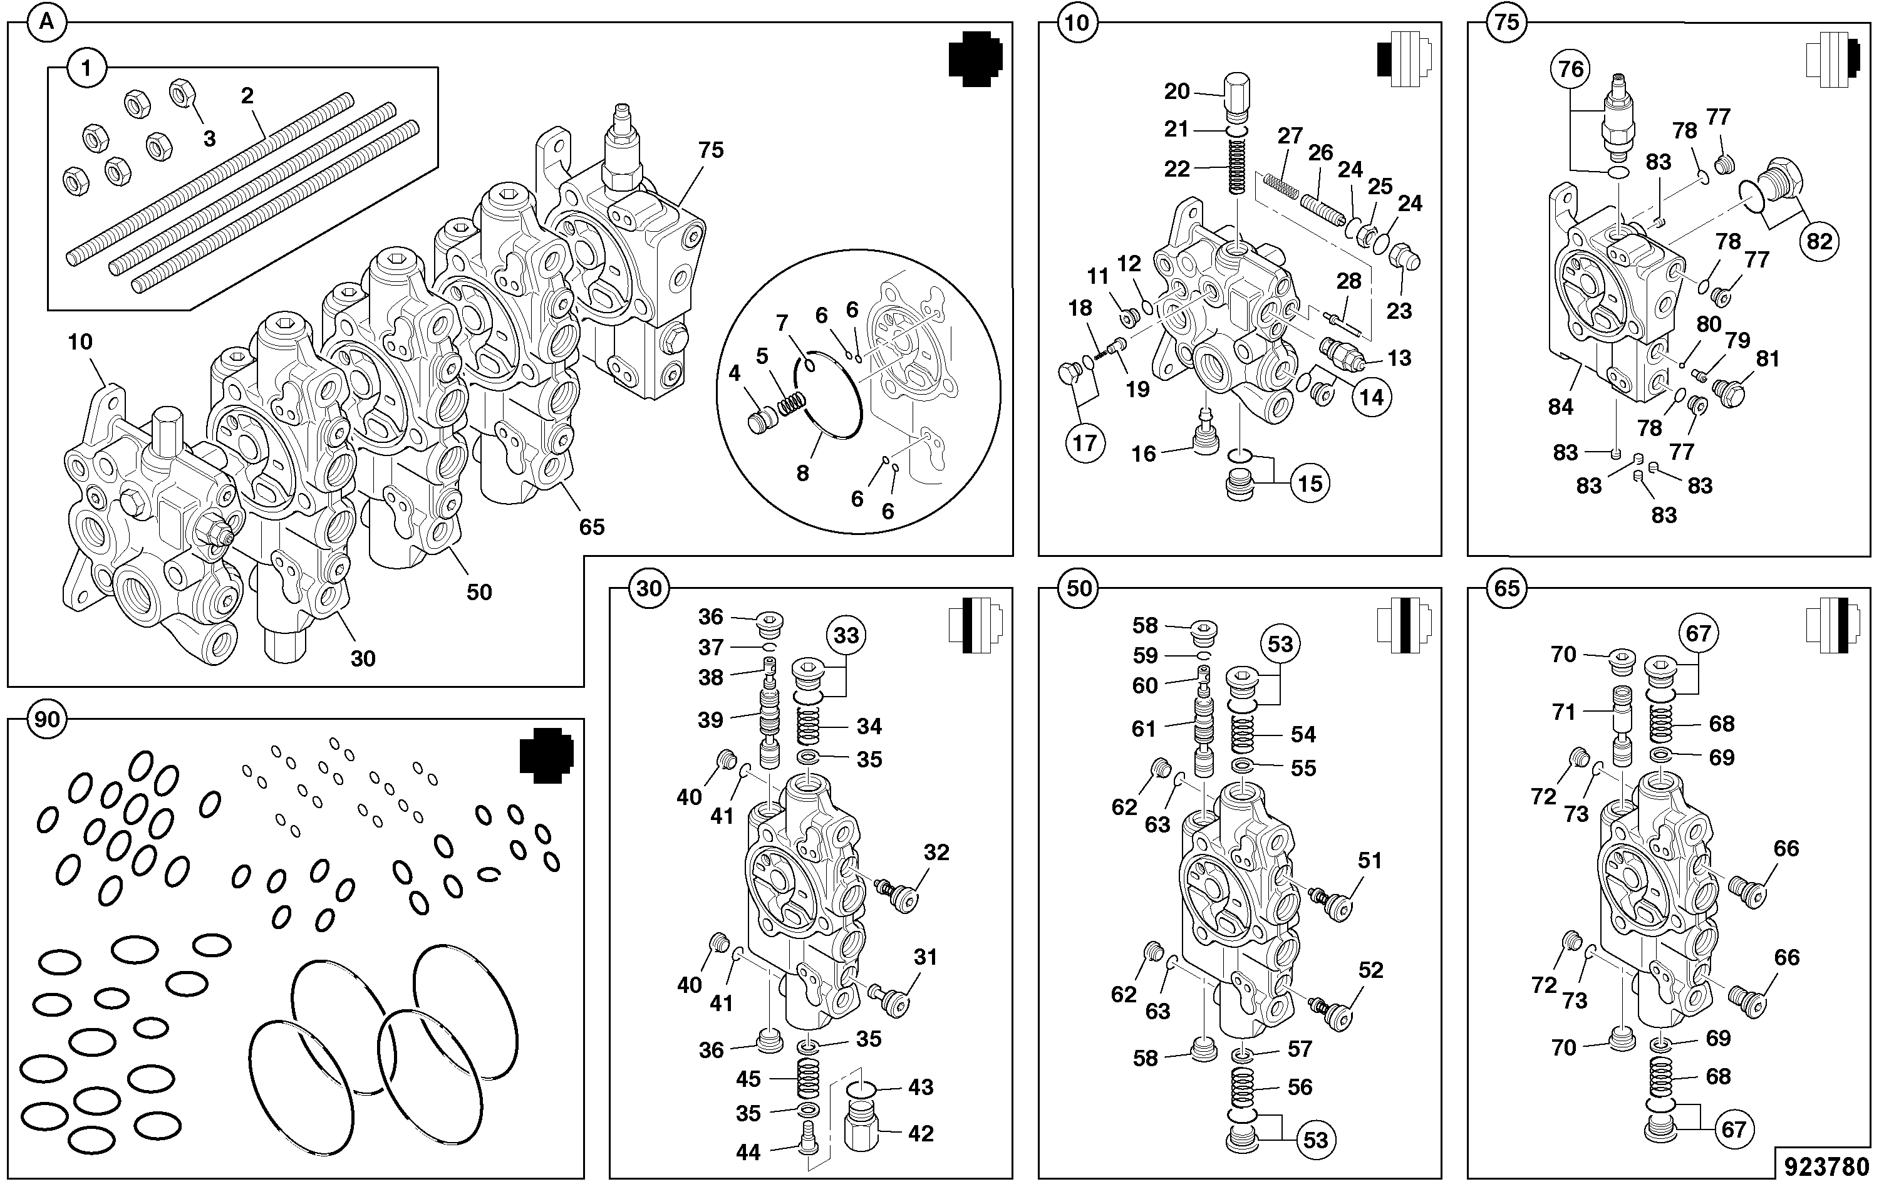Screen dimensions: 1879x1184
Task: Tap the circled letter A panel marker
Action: (x=47, y=23)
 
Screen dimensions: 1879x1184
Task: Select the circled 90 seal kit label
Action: (x=48, y=719)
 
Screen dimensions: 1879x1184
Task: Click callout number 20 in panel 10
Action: (x=1177, y=91)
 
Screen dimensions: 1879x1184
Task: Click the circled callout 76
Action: (x=1571, y=70)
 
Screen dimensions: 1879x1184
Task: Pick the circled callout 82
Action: (x=1819, y=241)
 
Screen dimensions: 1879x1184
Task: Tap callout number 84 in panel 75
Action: (x=1561, y=406)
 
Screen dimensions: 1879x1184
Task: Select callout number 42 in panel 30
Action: (x=921, y=1133)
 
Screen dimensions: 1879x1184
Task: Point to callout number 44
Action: (x=748, y=1152)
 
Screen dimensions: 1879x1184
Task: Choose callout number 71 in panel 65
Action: (x=1563, y=711)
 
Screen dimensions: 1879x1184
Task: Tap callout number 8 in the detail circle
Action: (x=802, y=473)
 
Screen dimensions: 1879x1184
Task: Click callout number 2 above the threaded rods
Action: (x=247, y=96)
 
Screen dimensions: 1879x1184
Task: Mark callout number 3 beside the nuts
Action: (x=209, y=139)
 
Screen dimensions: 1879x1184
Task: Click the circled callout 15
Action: (x=1310, y=483)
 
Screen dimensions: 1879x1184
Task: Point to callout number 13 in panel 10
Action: (x=1399, y=358)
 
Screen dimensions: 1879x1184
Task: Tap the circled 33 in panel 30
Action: (x=846, y=635)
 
